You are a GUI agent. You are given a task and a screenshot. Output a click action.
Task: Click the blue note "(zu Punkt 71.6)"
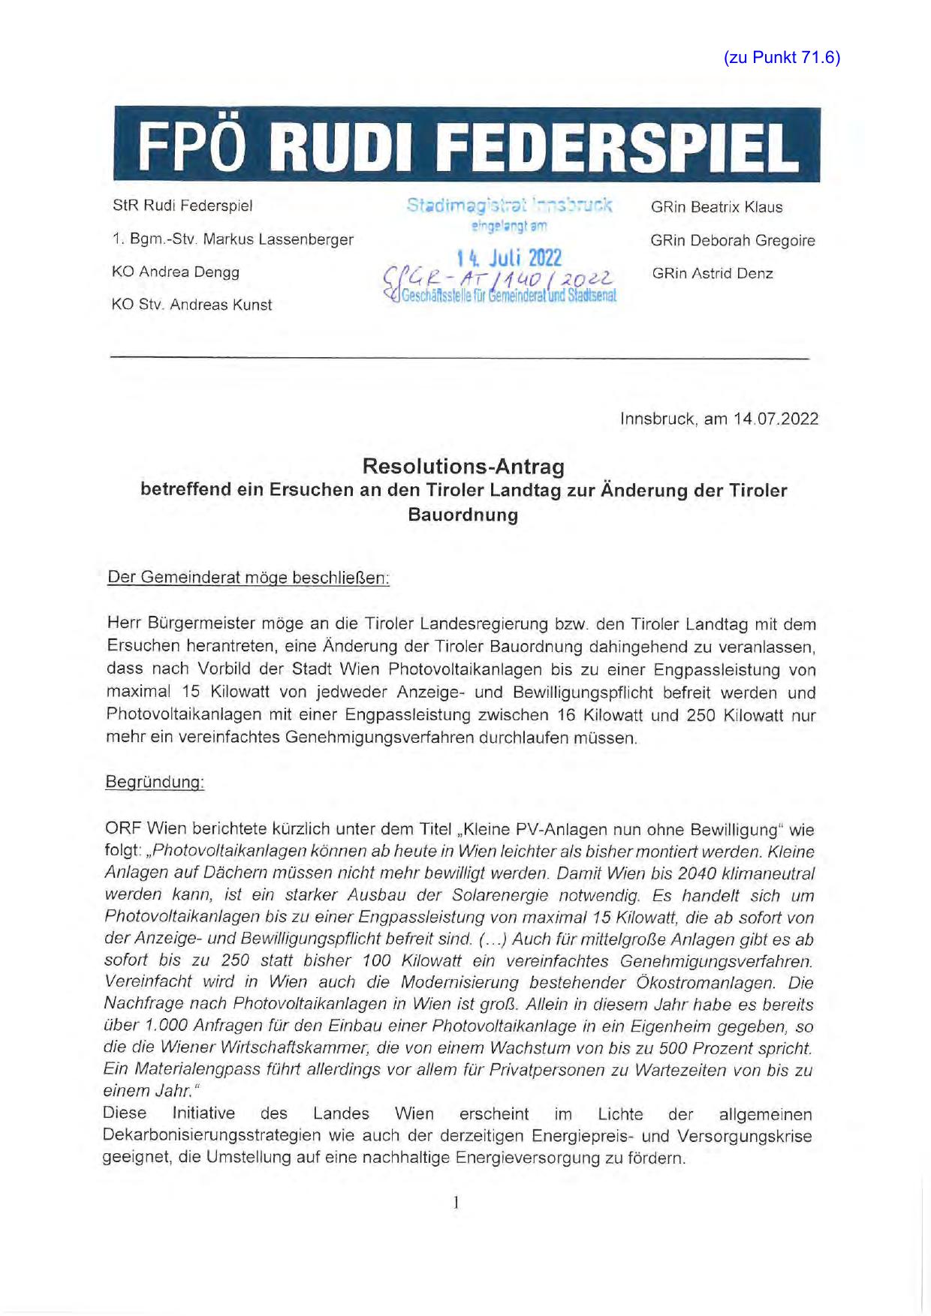click(782, 58)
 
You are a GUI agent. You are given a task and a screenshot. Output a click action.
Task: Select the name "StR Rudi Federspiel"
click(182, 206)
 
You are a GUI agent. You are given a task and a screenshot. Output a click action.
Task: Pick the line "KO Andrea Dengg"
click(176, 272)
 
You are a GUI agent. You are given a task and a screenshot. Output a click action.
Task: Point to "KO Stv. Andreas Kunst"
click(191, 305)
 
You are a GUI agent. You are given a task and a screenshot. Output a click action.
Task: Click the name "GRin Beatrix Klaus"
click(716, 207)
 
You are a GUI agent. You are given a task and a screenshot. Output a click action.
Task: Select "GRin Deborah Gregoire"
click(732, 241)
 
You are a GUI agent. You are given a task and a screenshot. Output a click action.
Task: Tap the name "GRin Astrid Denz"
click(712, 274)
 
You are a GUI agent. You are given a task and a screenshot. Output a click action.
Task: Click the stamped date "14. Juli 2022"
click(509, 258)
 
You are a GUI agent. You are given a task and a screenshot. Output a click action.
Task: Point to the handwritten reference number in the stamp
click(499, 279)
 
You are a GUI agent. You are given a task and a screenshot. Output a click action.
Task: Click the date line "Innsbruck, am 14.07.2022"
click(719, 419)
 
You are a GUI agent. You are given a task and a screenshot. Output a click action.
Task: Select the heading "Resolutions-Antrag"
click(463, 466)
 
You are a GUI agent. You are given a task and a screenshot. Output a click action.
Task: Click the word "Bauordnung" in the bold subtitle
click(462, 515)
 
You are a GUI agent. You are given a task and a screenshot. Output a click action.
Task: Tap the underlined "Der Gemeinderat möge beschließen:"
click(249, 578)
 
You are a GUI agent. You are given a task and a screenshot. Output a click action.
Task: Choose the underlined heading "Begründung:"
click(155, 782)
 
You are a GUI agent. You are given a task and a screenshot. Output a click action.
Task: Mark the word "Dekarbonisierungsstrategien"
click(207, 1136)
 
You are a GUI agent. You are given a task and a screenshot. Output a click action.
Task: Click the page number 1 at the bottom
click(456, 1203)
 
